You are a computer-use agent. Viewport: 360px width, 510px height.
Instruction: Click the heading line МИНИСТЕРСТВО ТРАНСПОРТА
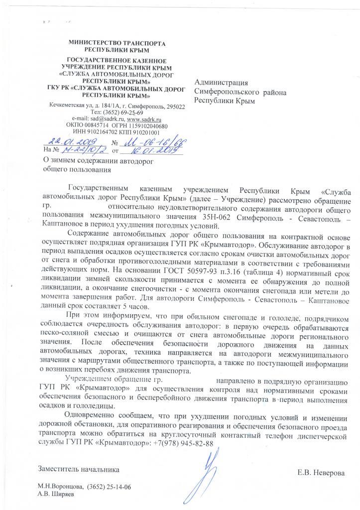click(118, 43)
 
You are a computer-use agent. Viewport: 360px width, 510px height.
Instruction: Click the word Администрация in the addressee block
click(221, 83)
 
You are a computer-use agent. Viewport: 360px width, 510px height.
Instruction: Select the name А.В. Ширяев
click(55, 494)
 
